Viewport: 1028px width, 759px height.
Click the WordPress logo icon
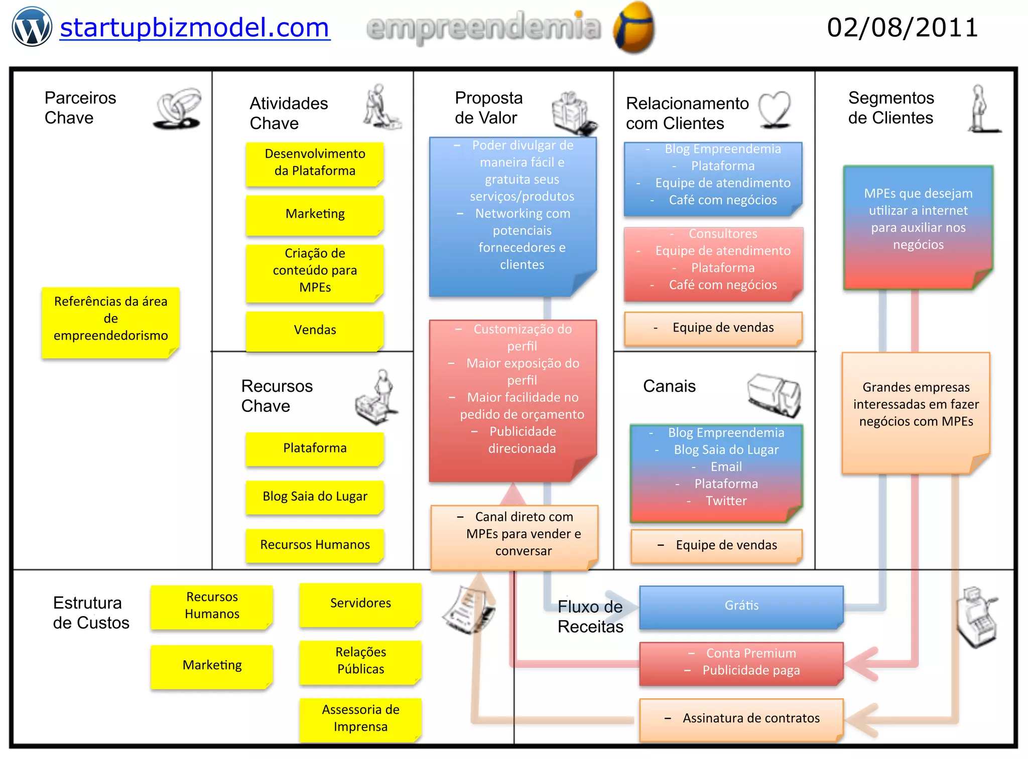tap(32, 27)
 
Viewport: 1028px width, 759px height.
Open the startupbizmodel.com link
tap(194, 28)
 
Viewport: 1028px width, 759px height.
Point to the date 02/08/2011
tap(903, 28)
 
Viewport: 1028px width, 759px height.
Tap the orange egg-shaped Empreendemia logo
tap(633, 28)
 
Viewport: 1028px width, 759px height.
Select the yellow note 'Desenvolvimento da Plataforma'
tap(315, 163)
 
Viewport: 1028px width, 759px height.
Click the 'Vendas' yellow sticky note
tap(315, 330)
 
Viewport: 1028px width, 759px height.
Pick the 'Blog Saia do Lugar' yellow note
tap(315, 497)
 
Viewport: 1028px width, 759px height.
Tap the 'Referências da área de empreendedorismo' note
tap(110, 319)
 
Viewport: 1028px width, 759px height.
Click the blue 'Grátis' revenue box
tap(741, 606)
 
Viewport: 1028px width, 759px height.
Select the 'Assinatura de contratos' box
tap(741, 718)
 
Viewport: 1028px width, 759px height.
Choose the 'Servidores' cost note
tap(360, 603)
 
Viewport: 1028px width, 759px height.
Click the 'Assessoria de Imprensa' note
tap(360, 718)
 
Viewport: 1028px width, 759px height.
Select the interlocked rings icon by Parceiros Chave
tap(178, 109)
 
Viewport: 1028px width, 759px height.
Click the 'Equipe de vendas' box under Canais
tap(717, 545)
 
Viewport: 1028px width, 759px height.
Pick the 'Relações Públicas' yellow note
tap(360, 661)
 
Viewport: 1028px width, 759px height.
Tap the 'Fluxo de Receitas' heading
tap(590, 617)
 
